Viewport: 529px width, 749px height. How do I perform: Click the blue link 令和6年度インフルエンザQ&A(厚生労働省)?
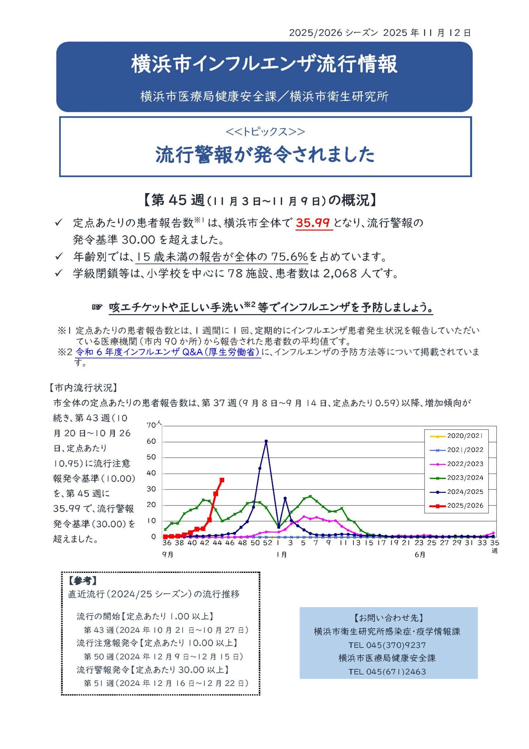168,352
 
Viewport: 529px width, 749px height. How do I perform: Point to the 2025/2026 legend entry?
457,506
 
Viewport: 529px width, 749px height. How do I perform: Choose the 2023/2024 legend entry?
457,478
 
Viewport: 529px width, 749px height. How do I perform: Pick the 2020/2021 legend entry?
457,436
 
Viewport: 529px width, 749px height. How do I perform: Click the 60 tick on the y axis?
151,441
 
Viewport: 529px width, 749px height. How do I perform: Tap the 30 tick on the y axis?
151,489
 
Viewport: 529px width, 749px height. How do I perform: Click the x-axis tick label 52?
268,543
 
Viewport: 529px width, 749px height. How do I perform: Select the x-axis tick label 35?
494,543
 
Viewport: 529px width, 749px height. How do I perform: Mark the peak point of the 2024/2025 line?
266,441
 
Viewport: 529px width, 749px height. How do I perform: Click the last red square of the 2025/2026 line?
222,480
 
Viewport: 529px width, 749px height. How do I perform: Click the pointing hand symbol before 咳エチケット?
97,307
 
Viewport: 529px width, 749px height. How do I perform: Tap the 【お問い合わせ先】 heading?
388,618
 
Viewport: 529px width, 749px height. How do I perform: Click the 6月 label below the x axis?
420,555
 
